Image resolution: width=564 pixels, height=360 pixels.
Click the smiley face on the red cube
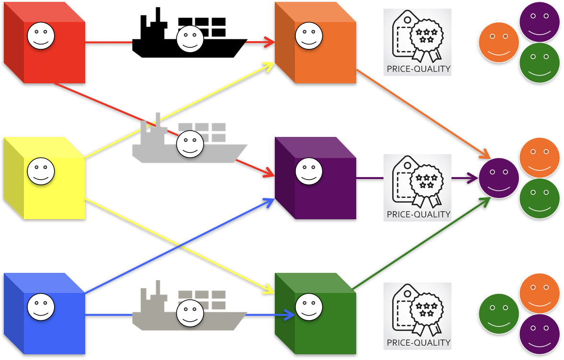click(x=41, y=36)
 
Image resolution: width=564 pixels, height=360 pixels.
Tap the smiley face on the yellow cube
click(x=41, y=171)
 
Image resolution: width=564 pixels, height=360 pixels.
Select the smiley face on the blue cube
click(x=41, y=307)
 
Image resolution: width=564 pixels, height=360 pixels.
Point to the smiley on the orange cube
click(x=309, y=36)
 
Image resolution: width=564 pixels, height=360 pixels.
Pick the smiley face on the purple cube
click(x=309, y=171)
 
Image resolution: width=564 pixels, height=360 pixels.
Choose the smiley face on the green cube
click(x=309, y=307)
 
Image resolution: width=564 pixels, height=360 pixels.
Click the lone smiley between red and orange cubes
click(x=190, y=39)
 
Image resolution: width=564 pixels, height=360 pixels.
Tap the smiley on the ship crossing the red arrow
click(x=190, y=144)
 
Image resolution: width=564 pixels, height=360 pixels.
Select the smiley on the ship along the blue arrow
click(x=190, y=313)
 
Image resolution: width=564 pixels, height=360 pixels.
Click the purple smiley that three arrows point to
click(x=499, y=178)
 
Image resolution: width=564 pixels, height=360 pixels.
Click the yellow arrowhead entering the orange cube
click(x=270, y=66)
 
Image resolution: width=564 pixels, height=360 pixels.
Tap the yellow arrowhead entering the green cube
click(x=269, y=290)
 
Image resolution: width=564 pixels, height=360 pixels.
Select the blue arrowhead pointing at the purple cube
click(x=269, y=202)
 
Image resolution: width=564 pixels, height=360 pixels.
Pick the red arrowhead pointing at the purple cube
click(x=269, y=175)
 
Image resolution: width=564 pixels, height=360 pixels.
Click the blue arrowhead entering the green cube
click(x=290, y=315)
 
